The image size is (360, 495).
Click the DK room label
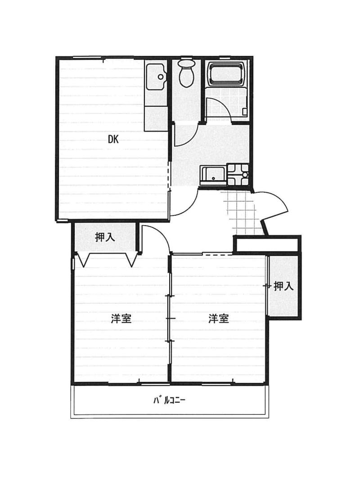pos(113,139)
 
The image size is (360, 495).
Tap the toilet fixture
pos(186,73)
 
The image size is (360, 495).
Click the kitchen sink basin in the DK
pos(155,76)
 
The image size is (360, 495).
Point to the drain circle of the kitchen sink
pos(161,77)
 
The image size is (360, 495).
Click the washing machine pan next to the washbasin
pos(238,175)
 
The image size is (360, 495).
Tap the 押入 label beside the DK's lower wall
pos(105,237)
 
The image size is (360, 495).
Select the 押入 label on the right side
pos(283,286)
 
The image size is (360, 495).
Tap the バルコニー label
pos(170,400)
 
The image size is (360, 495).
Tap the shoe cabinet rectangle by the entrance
pos(266,245)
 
